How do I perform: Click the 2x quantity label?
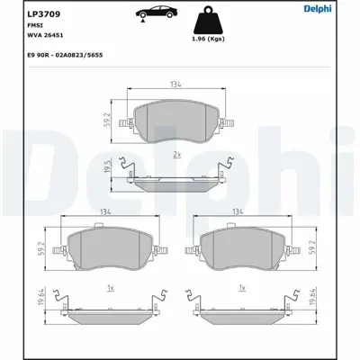tap(180, 155)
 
